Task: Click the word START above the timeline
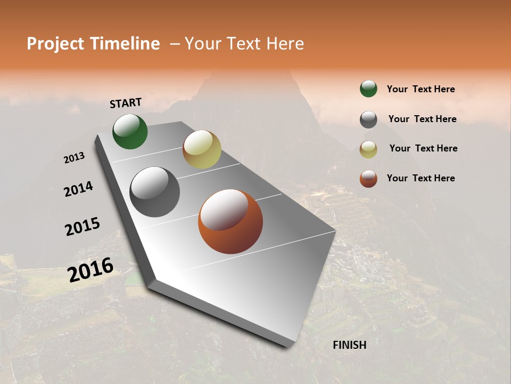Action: pyautogui.click(x=126, y=103)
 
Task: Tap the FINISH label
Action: pyautogui.click(x=349, y=345)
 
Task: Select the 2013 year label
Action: pyautogui.click(x=75, y=157)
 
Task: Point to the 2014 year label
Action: pyautogui.click(x=79, y=189)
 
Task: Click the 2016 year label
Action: pyautogui.click(x=90, y=269)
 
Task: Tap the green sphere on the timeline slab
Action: pyautogui.click(x=130, y=132)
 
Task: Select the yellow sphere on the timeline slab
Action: pyautogui.click(x=202, y=149)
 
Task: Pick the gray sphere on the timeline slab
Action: pyautogui.click(x=154, y=192)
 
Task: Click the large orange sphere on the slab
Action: pyautogui.click(x=230, y=221)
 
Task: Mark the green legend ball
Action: pyautogui.click(x=368, y=89)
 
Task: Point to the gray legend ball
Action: pyautogui.click(x=368, y=119)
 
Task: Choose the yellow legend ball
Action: pyautogui.click(x=368, y=149)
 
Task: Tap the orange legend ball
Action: pyautogui.click(x=368, y=179)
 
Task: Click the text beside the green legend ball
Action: pyautogui.click(x=421, y=89)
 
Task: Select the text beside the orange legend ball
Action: pyautogui.click(x=421, y=178)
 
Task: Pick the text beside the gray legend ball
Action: pyautogui.click(x=422, y=119)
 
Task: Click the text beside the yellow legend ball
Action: pyautogui.click(x=423, y=148)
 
